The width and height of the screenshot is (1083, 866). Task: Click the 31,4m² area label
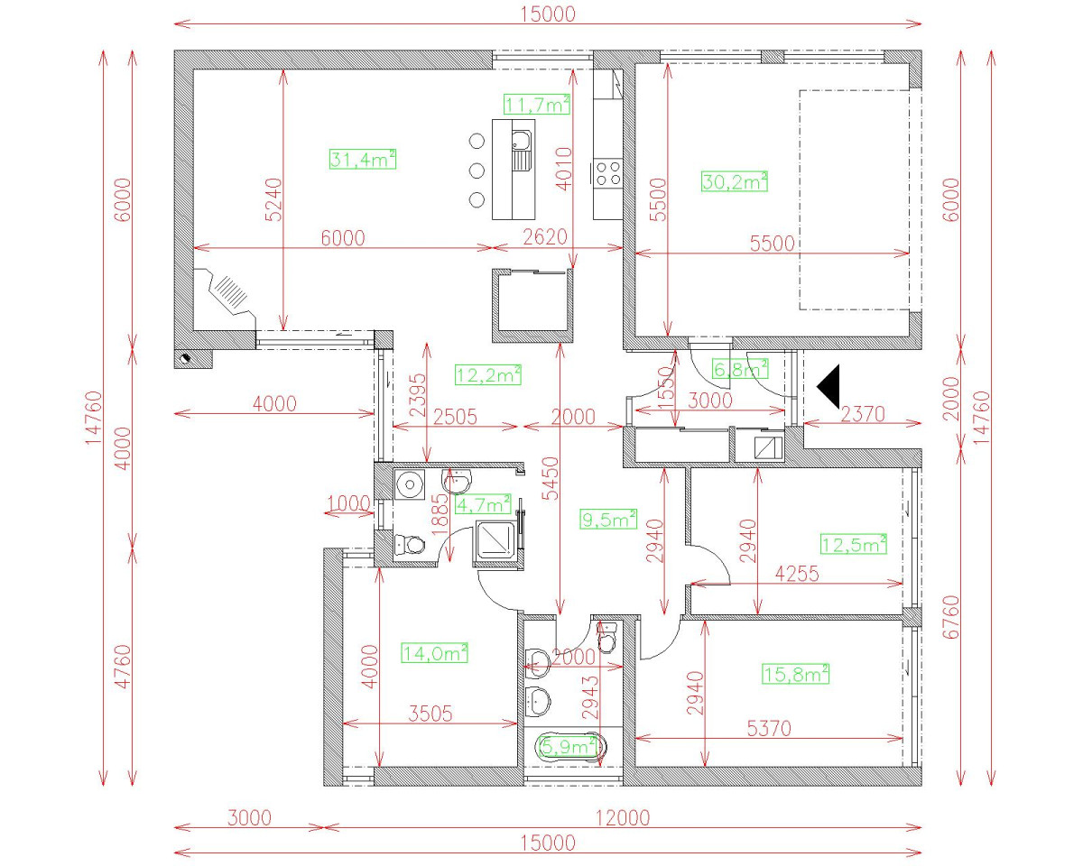pyautogui.click(x=363, y=161)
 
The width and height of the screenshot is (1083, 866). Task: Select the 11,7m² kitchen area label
pyautogui.click(x=537, y=105)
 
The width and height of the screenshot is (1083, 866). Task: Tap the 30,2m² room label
pyautogui.click(x=734, y=181)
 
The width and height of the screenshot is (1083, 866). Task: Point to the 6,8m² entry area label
pyautogui.click(x=740, y=368)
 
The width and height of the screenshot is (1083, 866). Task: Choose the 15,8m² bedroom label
pyautogui.click(x=795, y=674)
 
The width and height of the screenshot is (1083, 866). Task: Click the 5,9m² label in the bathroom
pyautogui.click(x=568, y=746)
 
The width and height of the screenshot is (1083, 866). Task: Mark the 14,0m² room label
pyautogui.click(x=434, y=653)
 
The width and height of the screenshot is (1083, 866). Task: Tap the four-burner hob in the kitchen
pyautogui.click(x=608, y=172)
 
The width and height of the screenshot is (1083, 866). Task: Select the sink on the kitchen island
pyautogui.click(x=522, y=149)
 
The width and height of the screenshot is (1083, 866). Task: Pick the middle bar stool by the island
pyautogui.click(x=477, y=170)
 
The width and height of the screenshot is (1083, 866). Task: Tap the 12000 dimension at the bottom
pyautogui.click(x=621, y=818)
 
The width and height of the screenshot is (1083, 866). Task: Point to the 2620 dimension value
pyautogui.click(x=544, y=237)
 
